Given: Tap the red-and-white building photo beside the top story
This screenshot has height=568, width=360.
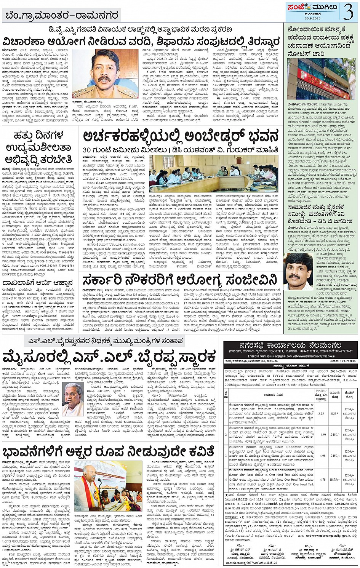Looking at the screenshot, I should point(322,78).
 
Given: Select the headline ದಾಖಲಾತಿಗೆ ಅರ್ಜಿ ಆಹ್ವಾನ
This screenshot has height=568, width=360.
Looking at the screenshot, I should point(37,283).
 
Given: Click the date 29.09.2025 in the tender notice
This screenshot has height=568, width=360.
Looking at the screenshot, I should point(345,360).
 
